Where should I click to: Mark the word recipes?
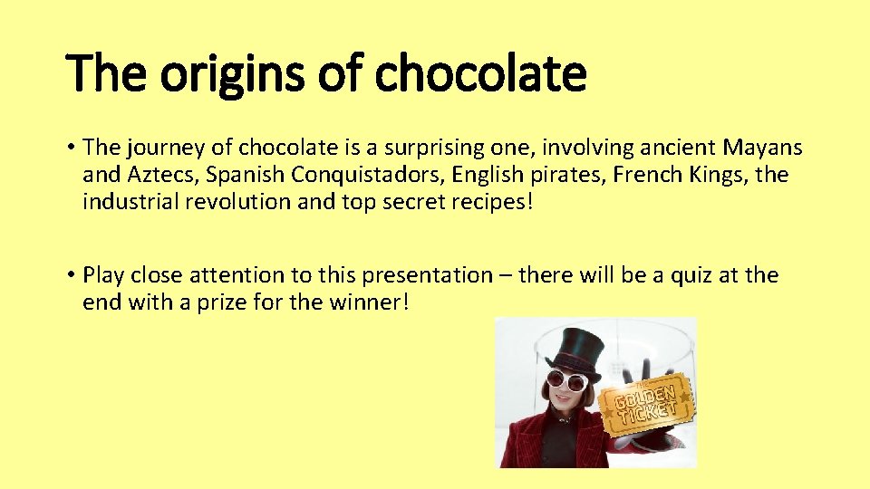click(491, 201)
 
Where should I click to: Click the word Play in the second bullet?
click(102, 274)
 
